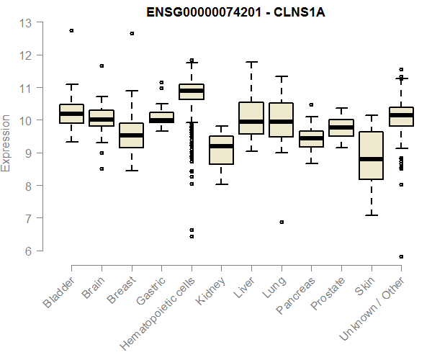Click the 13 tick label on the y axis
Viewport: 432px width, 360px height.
pyautogui.click(x=26, y=23)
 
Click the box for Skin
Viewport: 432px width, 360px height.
pyautogui.click(x=371, y=155)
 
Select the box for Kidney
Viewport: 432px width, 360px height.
pyautogui.click(x=221, y=150)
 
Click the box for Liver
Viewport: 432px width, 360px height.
pyautogui.click(x=251, y=118)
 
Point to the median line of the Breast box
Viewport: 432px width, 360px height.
pyautogui.click(x=131, y=135)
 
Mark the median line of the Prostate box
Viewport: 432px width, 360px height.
pyautogui.click(x=341, y=127)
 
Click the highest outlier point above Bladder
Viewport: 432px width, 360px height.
pyautogui.click(x=71, y=30)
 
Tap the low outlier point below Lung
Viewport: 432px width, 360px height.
pyautogui.click(x=282, y=222)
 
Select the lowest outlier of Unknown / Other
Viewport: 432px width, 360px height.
pyautogui.click(x=401, y=256)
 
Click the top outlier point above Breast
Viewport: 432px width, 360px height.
pyautogui.click(x=131, y=33)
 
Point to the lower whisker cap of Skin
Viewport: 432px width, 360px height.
pyautogui.click(x=371, y=215)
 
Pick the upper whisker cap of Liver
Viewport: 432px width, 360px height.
pyautogui.click(x=251, y=62)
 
